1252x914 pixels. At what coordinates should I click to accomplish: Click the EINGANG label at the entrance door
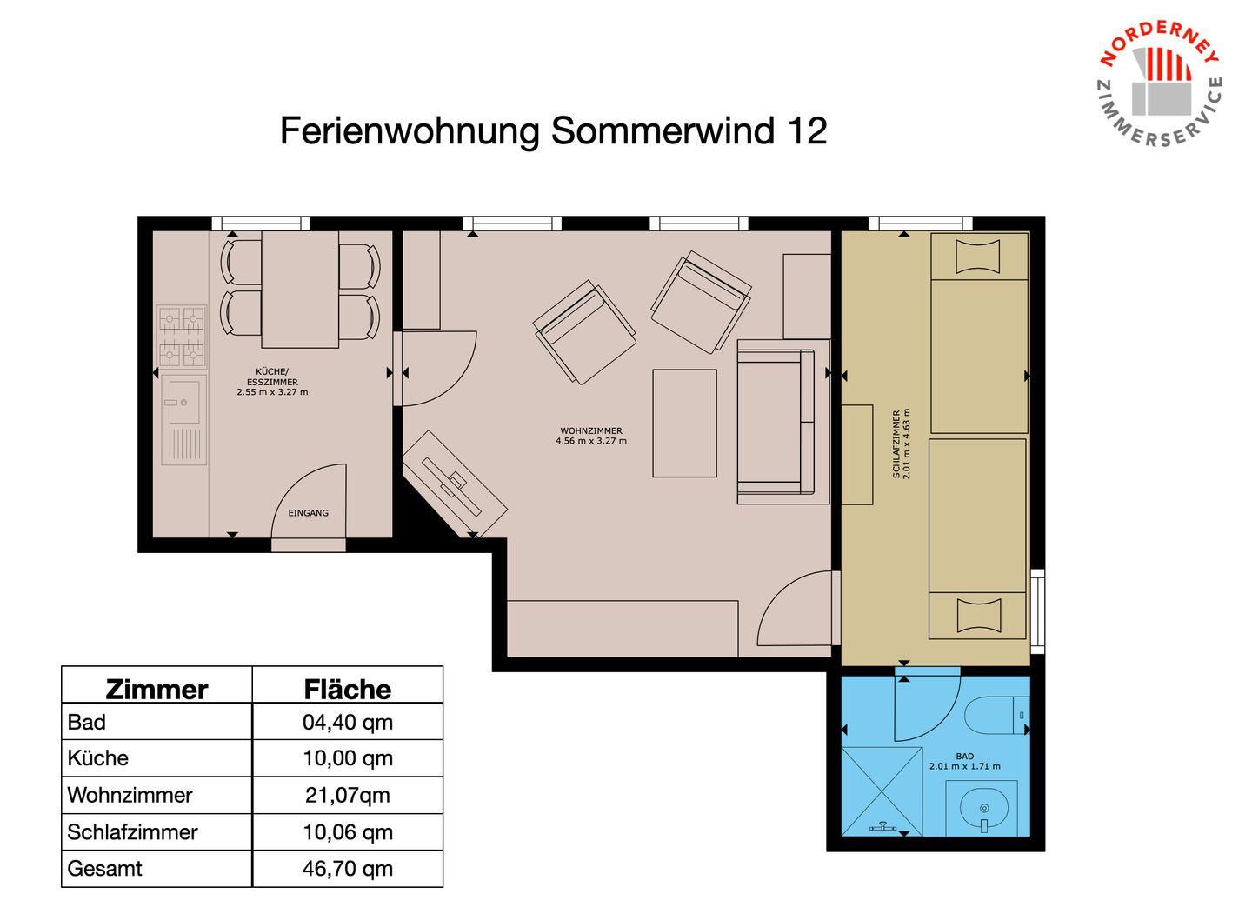click(308, 512)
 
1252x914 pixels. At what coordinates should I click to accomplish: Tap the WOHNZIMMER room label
click(591, 431)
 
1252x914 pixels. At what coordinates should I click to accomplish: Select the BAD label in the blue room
click(965, 757)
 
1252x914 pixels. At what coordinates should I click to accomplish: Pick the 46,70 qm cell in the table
click(348, 868)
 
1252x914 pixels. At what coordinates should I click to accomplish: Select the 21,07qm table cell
click(348, 794)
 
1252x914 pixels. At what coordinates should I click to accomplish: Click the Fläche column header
click(348, 690)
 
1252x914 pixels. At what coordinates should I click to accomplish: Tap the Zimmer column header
click(157, 690)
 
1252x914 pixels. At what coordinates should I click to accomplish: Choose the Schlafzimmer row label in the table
click(132, 832)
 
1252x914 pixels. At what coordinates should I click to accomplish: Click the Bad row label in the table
click(87, 722)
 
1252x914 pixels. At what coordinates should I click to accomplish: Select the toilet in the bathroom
click(998, 714)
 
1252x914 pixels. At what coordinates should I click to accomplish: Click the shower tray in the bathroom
click(882, 791)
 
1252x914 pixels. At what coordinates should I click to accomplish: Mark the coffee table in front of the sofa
click(685, 424)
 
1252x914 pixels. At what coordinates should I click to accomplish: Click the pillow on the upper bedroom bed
click(977, 257)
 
